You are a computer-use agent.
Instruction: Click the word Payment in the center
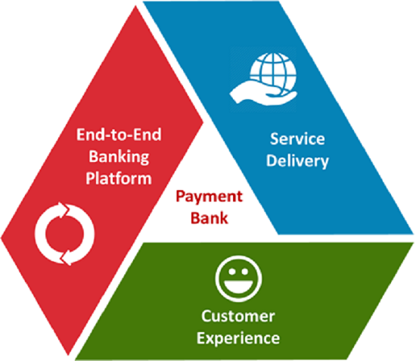209,198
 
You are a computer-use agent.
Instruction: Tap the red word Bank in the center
209,218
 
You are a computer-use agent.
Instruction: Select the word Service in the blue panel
297,138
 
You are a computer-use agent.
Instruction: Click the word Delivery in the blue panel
297,161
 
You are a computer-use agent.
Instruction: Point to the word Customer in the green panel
238,316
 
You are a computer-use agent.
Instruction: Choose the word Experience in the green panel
238,339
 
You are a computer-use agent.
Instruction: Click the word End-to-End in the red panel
119,134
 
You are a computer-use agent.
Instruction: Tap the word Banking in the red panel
119,157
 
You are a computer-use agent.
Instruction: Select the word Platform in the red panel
119,178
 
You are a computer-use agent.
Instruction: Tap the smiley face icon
238,279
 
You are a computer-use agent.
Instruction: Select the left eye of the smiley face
232,272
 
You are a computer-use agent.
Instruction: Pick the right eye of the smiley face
244,272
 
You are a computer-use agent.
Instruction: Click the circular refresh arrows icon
64,234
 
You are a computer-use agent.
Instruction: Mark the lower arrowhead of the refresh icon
66,257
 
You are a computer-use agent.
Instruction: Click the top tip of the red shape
136,6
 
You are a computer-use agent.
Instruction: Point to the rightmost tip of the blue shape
413,234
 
